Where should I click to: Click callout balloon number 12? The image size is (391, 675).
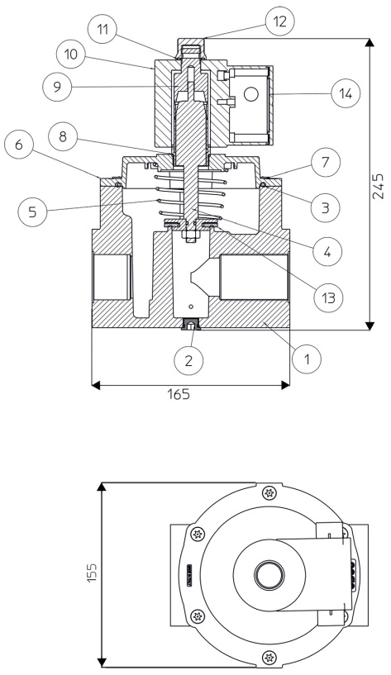(280, 21)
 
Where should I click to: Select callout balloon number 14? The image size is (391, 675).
(346, 93)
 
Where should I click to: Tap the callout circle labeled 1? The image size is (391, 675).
(307, 359)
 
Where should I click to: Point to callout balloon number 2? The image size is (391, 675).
(188, 360)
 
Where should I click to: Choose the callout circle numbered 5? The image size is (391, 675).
(33, 212)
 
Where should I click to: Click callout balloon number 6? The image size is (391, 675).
(18, 145)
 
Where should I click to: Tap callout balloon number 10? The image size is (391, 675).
(71, 54)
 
